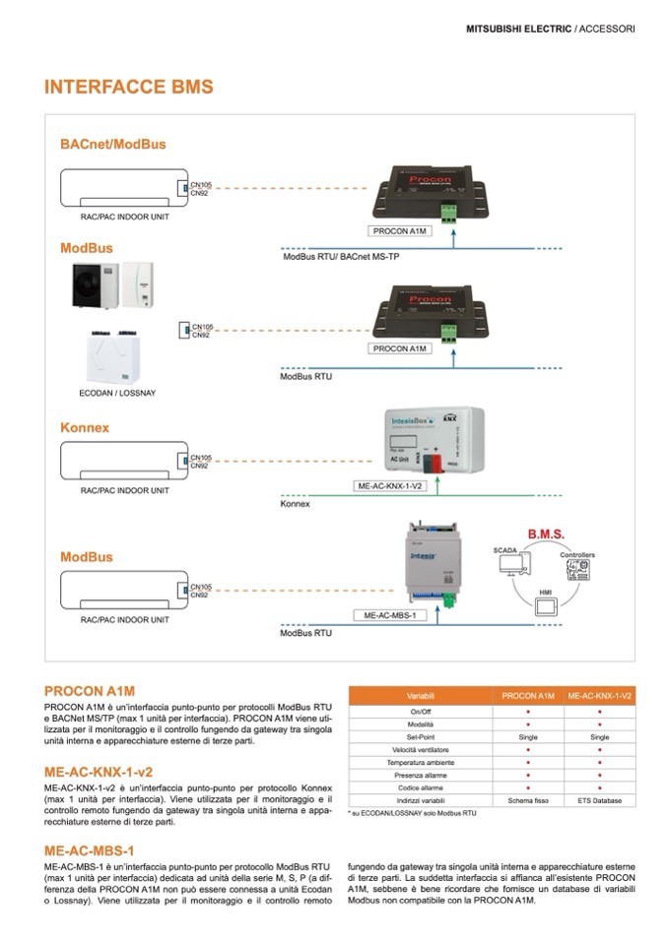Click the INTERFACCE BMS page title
[128, 88]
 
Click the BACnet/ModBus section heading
[112, 144]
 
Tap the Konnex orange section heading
[85, 428]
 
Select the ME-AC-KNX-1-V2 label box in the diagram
[389, 486]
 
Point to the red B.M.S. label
[545, 535]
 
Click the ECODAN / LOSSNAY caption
[109, 393]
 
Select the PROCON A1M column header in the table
[528, 695]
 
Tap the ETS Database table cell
[599, 800]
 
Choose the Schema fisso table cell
[528, 800]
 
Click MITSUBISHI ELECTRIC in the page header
[518, 30]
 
